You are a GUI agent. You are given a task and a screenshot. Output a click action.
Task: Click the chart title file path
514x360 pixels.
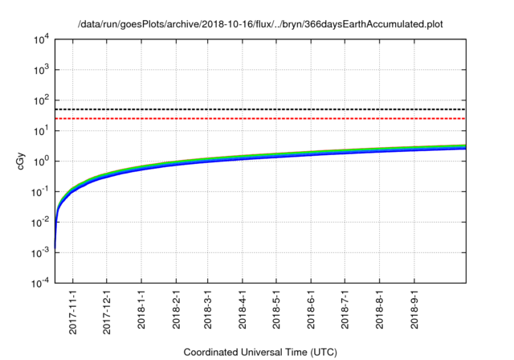pos(261,25)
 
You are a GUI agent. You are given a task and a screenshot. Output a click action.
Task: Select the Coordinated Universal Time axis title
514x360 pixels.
pos(260,352)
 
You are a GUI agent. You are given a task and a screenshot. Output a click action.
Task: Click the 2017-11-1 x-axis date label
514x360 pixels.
pos(72,309)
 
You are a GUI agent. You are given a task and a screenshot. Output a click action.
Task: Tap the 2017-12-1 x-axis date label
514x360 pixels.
pos(106,309)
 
